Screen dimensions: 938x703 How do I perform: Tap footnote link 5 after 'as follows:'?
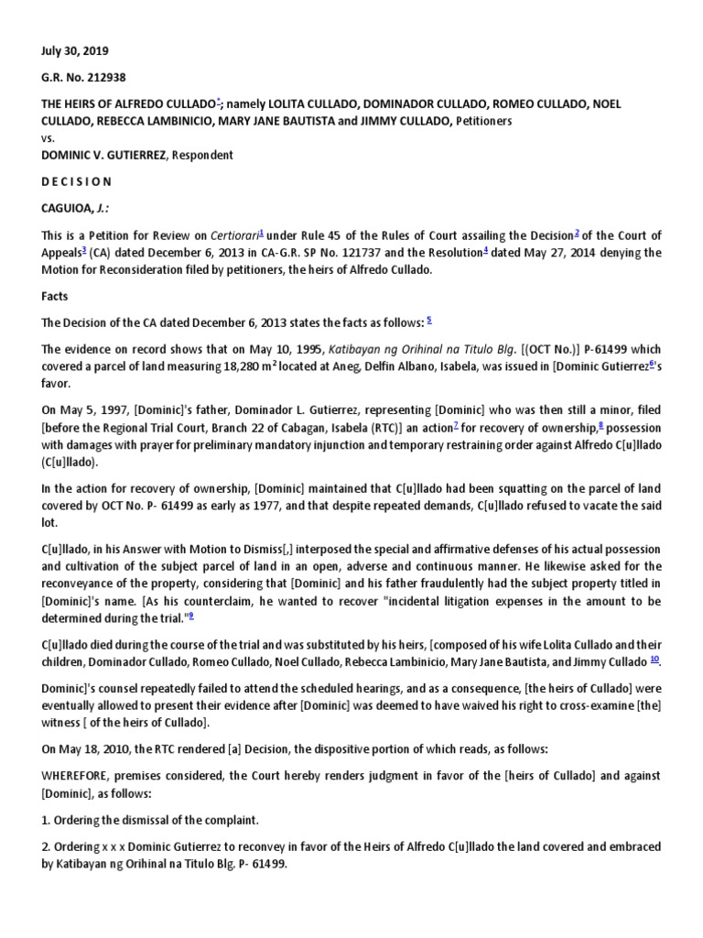click(429, 320)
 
